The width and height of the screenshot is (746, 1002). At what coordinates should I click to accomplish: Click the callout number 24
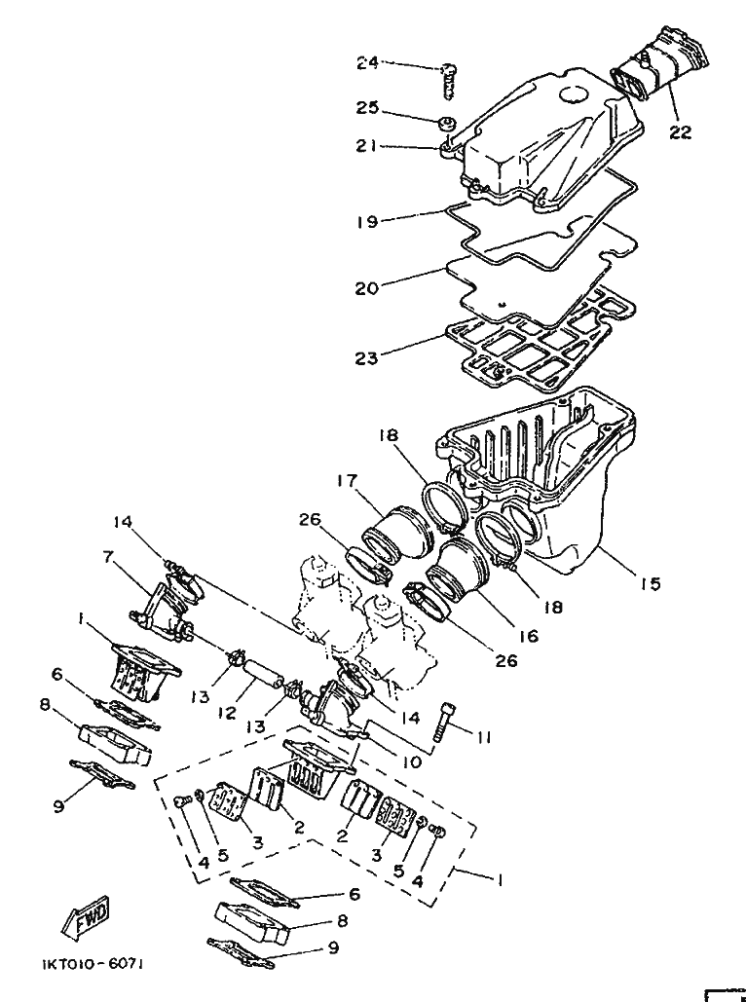tap(367, 63)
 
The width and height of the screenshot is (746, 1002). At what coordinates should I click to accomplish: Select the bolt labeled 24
tap(449, 81)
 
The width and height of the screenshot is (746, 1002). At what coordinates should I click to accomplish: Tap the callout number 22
tap(681, 132)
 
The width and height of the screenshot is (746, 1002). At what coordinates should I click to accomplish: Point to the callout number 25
tap(367, 108)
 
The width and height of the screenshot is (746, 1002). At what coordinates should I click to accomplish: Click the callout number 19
tap(367, 222)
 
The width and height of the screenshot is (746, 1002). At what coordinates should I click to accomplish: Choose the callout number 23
tap(367, 358)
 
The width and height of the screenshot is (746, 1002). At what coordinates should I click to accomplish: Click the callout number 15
tap(651, 583)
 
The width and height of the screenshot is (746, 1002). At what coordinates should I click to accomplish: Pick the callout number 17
tap(349, 480)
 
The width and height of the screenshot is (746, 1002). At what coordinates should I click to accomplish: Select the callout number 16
tap(528, 636)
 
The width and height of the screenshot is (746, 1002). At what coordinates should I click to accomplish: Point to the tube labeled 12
tap(263, 673)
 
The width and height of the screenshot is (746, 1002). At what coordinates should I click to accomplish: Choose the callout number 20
tap(367, 288)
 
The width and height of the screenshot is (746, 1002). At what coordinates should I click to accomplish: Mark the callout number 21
tap(367, 146)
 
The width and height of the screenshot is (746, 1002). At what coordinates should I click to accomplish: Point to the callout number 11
tap(483, 738)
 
